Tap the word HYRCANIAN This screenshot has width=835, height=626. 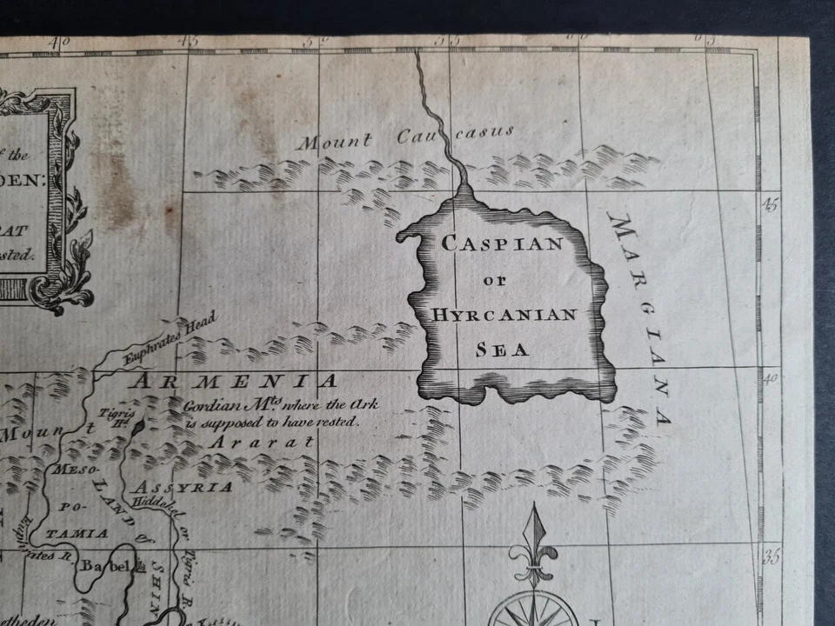tap(504, 314)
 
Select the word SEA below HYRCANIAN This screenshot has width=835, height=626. tap(503, 350)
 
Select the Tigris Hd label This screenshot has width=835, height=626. tap(113, 417)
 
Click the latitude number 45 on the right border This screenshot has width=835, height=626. tap(770, 204)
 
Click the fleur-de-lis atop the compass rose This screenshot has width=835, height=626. tap(531, 548)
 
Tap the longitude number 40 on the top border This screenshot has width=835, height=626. tap(59, 40)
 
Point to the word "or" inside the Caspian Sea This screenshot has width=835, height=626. tap(493, 280)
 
